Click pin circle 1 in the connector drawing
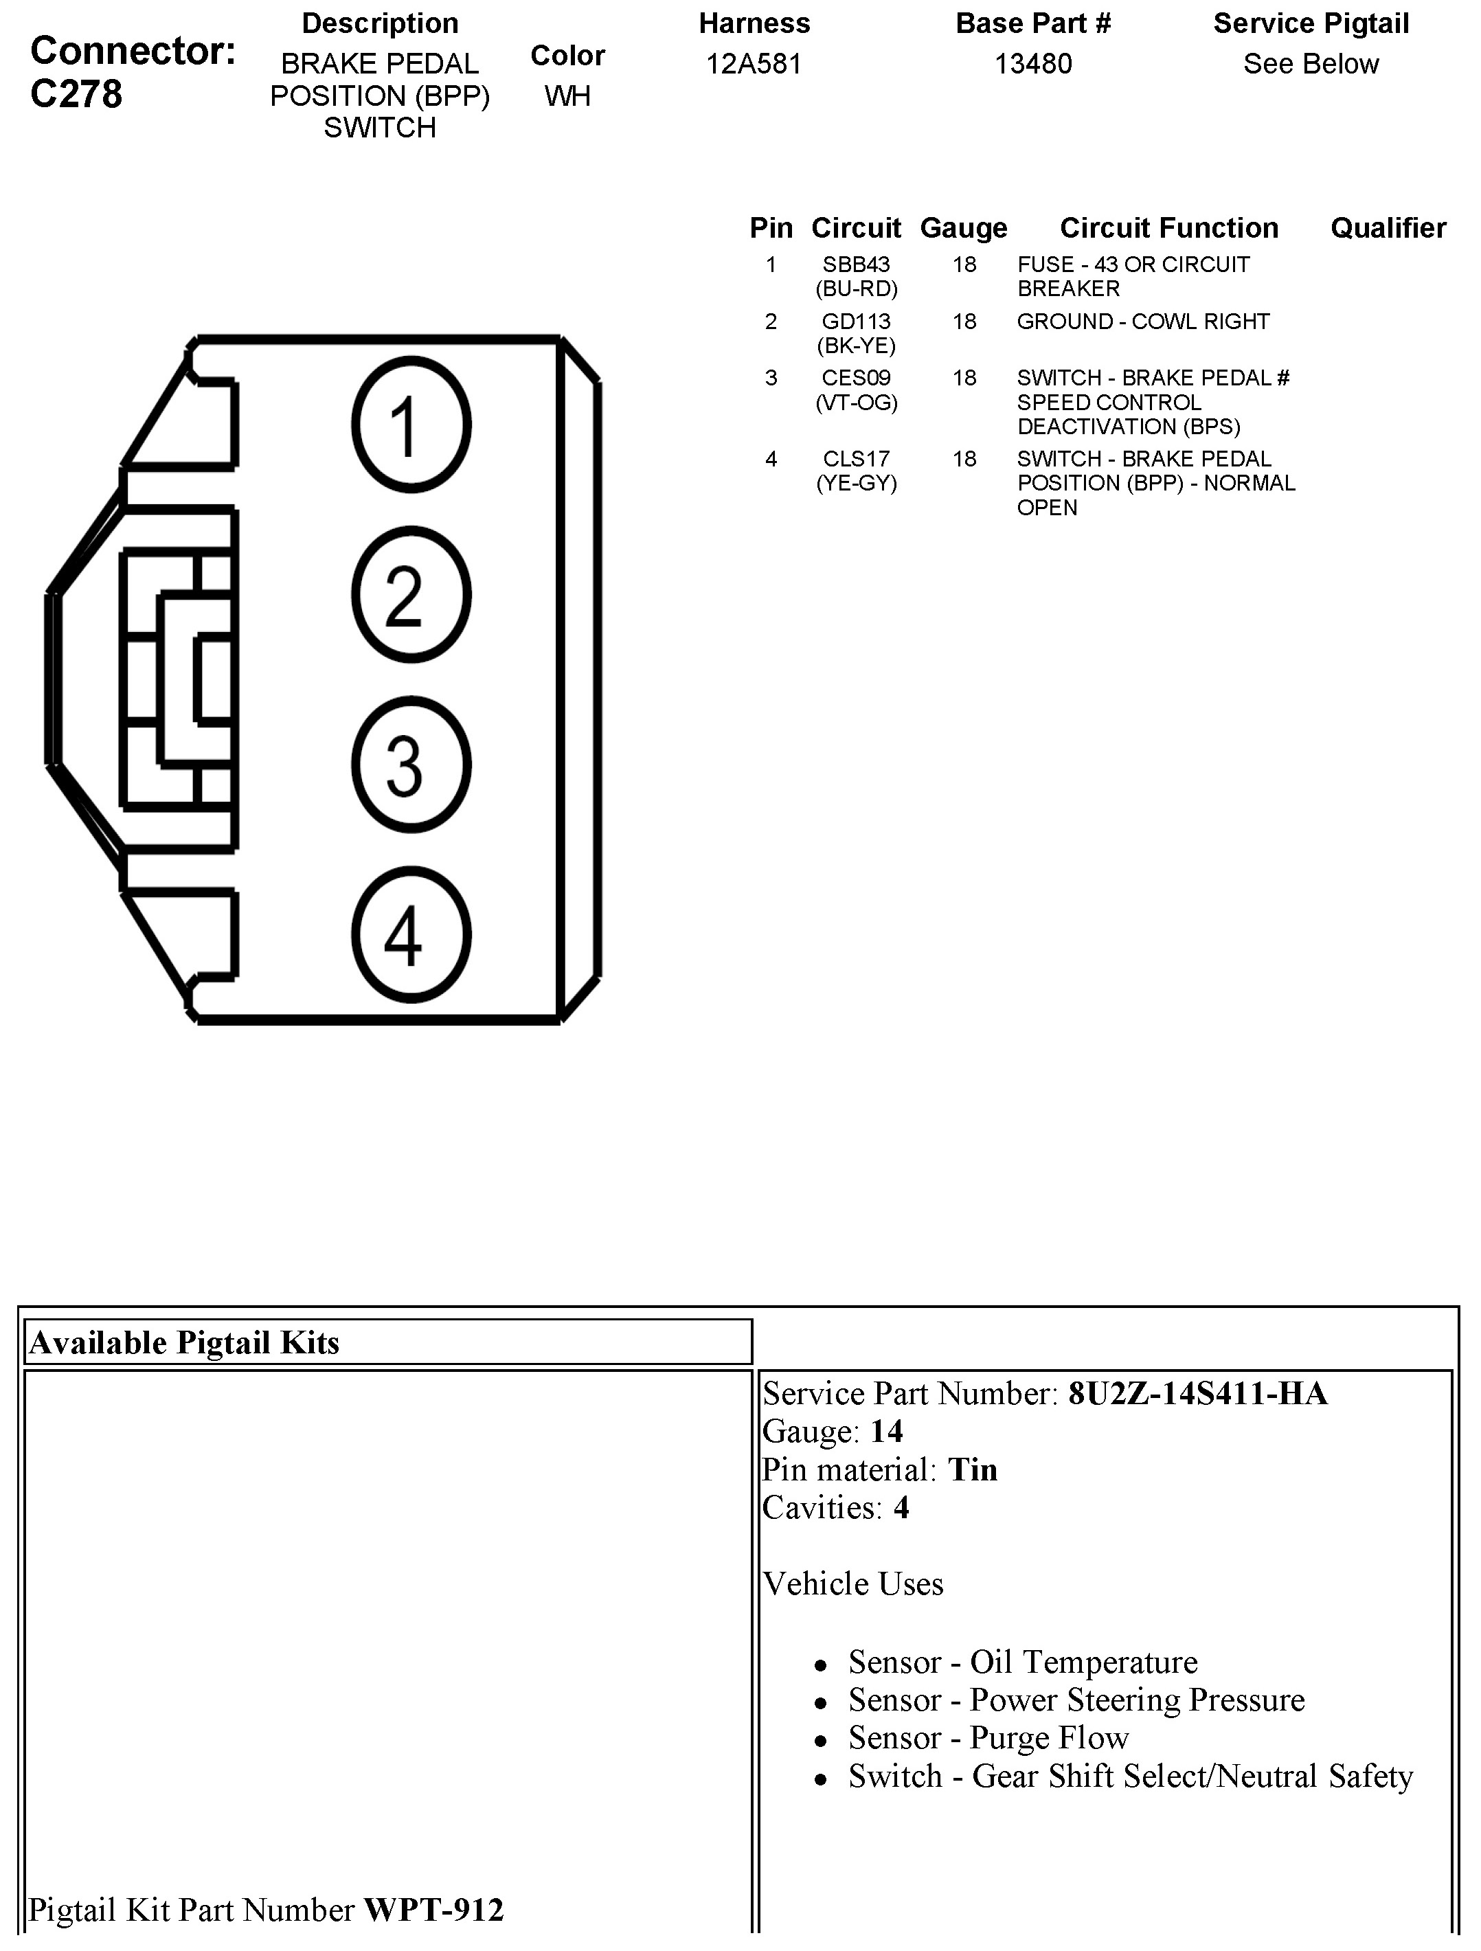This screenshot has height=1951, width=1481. tap(411, 425)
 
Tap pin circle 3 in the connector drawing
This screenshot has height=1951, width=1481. tap(411, 765)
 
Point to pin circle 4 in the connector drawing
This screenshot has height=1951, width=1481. tap(411, 935)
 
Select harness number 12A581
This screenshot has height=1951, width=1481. tap(754, 63)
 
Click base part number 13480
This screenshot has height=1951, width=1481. tap(1033, 63)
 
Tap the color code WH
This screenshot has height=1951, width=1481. tap(567, 95)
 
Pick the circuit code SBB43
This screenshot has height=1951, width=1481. tap(856, 264)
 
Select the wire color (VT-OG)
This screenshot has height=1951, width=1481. tap(856, 402)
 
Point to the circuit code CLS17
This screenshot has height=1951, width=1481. tap(856, 459)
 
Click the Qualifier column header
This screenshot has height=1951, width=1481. tap(1388, 227)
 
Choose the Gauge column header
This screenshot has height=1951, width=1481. tap(963, 227)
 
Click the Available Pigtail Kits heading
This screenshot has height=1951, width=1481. tap(184, 1342)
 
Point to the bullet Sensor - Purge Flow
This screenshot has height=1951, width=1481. tap(988, 1737)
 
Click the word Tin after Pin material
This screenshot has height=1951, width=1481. tap(972, 1469)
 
